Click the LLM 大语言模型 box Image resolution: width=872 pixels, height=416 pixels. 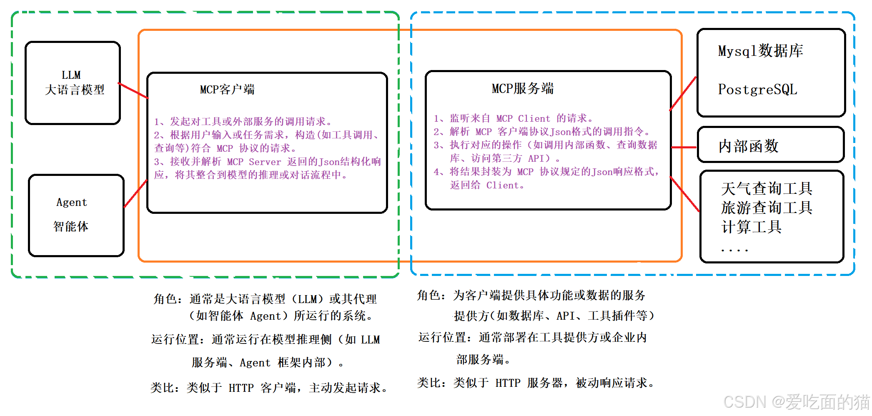[73, 83]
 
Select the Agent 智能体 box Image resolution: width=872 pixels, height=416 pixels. [76, 215]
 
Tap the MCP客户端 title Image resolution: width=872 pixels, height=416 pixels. [227, 90]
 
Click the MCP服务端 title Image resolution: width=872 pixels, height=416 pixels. [523, 89]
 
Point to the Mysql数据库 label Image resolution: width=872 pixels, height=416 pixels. [760, 51]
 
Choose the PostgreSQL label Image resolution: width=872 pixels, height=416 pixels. [757, 90]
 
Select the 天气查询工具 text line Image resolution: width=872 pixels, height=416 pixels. [767, 189]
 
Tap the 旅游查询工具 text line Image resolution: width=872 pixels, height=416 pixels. [767, 208]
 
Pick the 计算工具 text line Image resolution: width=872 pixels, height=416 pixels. [751, 227]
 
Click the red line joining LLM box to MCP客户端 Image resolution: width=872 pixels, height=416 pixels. [133, 91]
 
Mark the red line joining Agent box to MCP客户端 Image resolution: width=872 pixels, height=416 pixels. [135, 193]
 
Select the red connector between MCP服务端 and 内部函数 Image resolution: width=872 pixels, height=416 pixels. [684, 147]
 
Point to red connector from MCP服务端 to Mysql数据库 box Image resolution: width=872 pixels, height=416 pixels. [683, 94]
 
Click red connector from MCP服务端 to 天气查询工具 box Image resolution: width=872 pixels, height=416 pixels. [684, 194]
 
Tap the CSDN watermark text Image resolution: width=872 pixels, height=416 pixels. [796, 402]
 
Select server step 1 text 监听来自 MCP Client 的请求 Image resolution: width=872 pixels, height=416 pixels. [514, 119]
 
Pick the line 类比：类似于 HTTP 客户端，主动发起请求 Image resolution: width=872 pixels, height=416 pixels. [269, 388]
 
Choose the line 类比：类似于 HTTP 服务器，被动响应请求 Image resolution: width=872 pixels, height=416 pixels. [536, 383]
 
